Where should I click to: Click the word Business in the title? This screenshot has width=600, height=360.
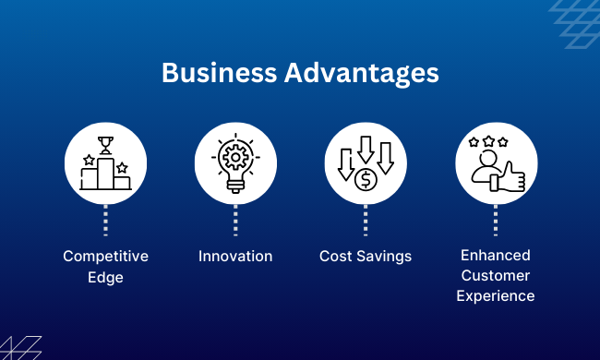[209, 73]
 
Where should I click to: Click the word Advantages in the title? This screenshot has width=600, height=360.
[349, 73]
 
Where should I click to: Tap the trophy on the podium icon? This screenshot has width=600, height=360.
[104, 145]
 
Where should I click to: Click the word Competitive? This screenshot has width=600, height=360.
[105, 256]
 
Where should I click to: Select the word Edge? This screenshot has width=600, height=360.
[105, 276]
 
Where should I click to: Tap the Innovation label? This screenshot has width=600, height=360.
[235, 256]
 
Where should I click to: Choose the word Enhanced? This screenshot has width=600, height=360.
[496, 256]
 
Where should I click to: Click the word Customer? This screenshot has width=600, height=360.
[496, 276]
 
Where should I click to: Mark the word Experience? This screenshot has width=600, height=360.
[496, 296]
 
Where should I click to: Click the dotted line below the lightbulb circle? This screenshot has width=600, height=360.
[235, 219]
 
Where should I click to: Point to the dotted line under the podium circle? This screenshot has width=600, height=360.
[105, 219]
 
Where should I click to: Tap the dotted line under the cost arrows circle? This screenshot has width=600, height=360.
[366, 219]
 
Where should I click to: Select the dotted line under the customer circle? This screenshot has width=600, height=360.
[496, 219]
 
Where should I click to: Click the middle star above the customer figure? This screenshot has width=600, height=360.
[487, 141]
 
